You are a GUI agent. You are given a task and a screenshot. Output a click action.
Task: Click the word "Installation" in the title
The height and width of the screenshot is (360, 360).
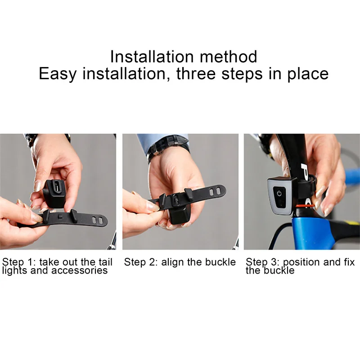coord(152,57)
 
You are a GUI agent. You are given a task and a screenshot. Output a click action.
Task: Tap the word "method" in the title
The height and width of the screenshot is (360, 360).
coord(228,57)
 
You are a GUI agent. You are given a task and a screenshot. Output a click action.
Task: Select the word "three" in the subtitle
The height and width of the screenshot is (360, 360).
coord(196,74)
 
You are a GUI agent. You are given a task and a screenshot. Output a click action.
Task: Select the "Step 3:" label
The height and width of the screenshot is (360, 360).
coord(262,262)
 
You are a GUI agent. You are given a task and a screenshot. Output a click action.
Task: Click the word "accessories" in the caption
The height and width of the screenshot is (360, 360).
coord(79,270)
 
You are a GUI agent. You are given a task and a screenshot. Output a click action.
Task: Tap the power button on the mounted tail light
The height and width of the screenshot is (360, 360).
coord(279,193)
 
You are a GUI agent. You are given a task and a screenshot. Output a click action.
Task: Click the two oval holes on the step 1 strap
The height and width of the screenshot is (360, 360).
coord(97,220)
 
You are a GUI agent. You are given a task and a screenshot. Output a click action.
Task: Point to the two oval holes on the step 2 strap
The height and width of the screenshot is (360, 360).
coord(215,191)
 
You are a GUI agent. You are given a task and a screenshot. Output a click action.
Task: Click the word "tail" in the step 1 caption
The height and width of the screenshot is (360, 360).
coord(105,262)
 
